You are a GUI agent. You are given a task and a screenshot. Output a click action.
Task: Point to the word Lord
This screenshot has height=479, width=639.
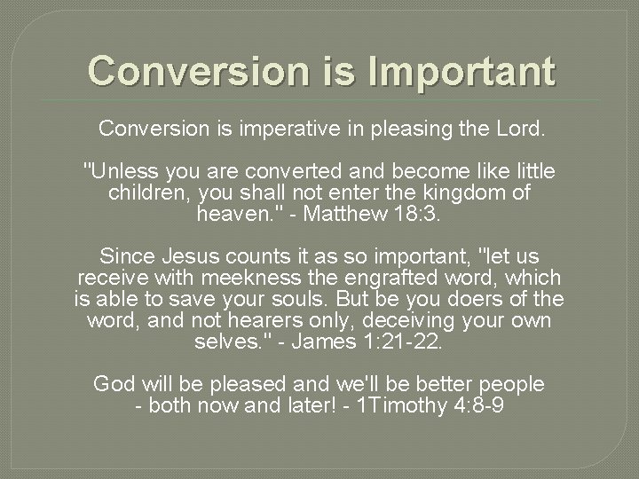click(522, 130)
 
